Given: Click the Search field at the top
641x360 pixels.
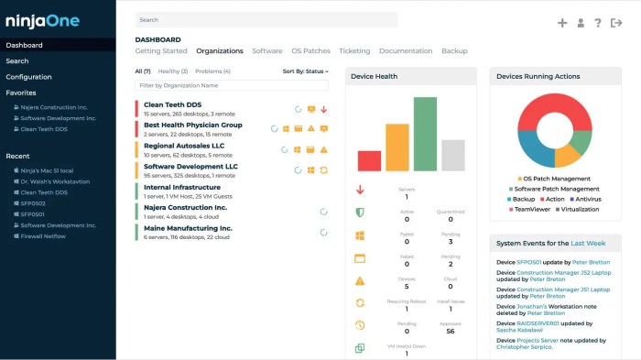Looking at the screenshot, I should point(266,19).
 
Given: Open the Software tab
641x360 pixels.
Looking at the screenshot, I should point(266,51).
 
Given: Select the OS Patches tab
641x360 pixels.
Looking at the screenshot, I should point(310,51).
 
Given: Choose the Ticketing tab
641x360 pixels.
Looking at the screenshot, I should point(354,51).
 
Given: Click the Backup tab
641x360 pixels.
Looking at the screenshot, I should point(454,51).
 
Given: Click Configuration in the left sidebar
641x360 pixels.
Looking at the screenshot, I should point(28,77).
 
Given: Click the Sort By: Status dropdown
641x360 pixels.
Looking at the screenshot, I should point(305,71).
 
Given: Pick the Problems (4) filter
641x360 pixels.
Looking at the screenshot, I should point(212,71).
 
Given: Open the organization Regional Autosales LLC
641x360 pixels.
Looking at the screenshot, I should point(184,146).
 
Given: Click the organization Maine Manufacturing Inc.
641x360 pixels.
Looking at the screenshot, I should point(188,228).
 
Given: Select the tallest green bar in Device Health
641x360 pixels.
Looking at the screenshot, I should point(425,134).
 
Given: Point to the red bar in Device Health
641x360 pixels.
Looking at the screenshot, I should point(369,160).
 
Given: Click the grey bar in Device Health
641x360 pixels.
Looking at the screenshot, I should point(452,155).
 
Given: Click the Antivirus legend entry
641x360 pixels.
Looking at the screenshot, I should point(586,199).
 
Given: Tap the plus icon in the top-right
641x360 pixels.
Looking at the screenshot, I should point(562,23).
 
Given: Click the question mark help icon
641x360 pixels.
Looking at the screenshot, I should point(598,23).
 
